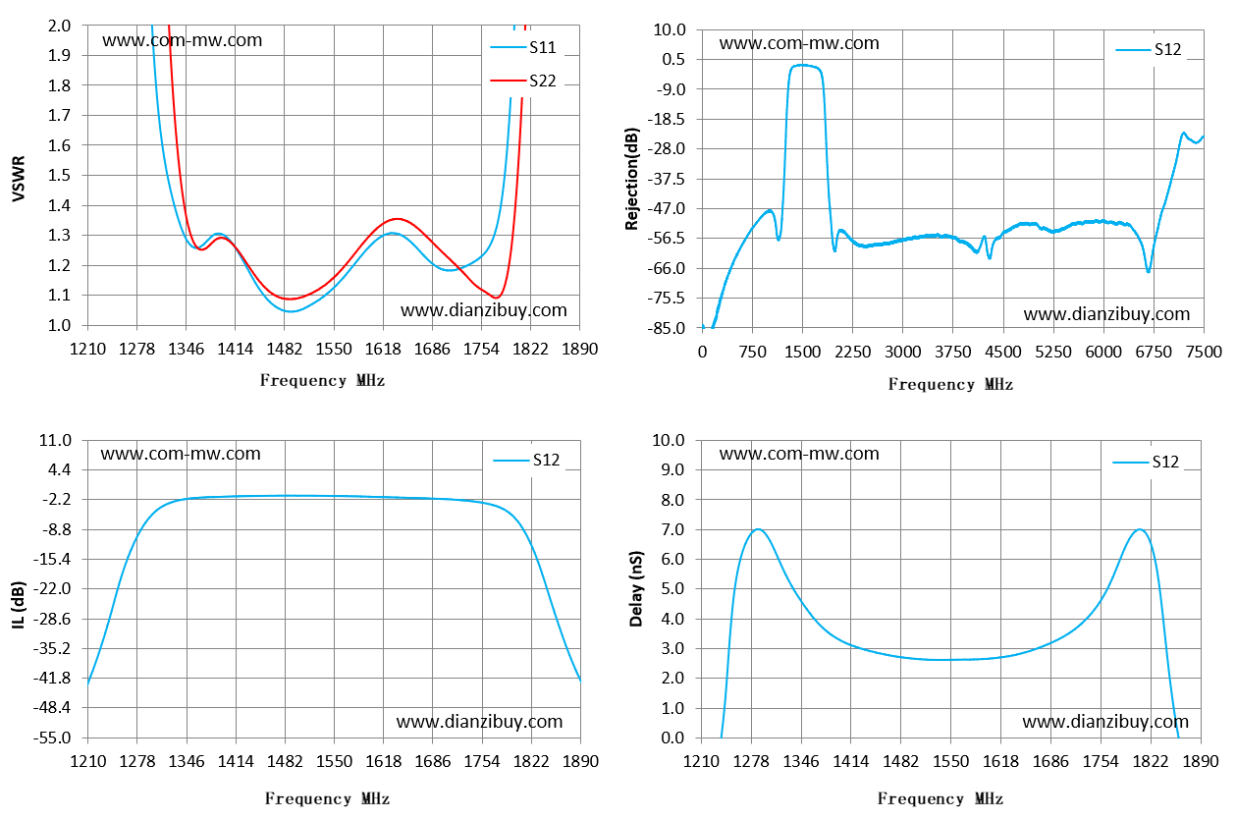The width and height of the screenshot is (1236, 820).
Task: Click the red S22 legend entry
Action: click(x=523, y=81)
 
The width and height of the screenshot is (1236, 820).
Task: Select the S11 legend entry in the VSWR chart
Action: click(x=523, y=47)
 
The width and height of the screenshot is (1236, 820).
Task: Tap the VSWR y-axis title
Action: click(x=19, y=178)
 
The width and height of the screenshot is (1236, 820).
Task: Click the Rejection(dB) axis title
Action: click(x=632, y=178)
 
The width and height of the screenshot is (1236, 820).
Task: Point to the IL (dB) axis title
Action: click(x=19, y=605)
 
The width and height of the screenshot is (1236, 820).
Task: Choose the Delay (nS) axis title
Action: click(x=636, y=588)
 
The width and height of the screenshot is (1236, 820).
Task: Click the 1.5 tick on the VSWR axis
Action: click(x=59, y=175)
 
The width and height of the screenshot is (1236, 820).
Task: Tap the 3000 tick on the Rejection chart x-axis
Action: click(x=903, y=352)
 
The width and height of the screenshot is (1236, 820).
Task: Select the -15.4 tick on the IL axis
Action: click(x=52, y=559)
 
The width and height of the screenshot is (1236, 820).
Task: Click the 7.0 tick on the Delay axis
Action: click(x=672, y=529)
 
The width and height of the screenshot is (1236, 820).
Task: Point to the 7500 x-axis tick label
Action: click(x=1204, y=352)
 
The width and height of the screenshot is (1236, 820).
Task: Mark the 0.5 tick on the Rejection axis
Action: click(x=673, y=59)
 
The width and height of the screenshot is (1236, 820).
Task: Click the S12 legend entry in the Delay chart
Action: click(x=1146, y=462)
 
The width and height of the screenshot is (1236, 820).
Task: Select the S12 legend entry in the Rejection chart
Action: click(x=1149, y=50)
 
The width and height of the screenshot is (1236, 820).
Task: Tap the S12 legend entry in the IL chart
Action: click(x=526, y=460)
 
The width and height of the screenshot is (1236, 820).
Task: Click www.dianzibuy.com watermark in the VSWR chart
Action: click(x=484, y=310)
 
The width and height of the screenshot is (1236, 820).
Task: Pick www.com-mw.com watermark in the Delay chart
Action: click(x=799, y=454)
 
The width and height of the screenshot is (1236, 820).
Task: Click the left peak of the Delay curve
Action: click(x=758, y=529)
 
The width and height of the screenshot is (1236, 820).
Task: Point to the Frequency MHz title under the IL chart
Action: click(x=327, y=798)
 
